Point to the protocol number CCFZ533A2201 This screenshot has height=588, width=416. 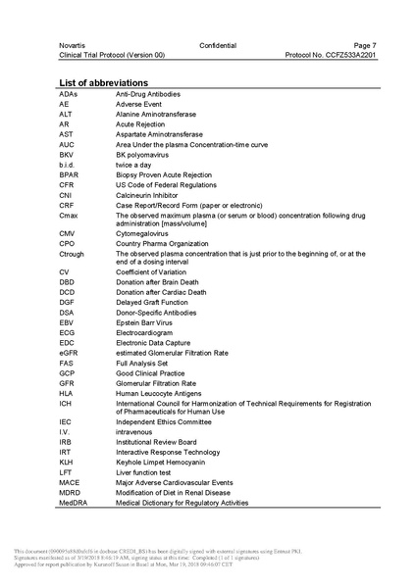pos(331,56)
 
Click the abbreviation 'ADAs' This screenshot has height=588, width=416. pos(69,93)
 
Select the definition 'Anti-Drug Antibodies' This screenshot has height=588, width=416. pos(148,93)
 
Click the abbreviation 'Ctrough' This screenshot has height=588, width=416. pos(73,253)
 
